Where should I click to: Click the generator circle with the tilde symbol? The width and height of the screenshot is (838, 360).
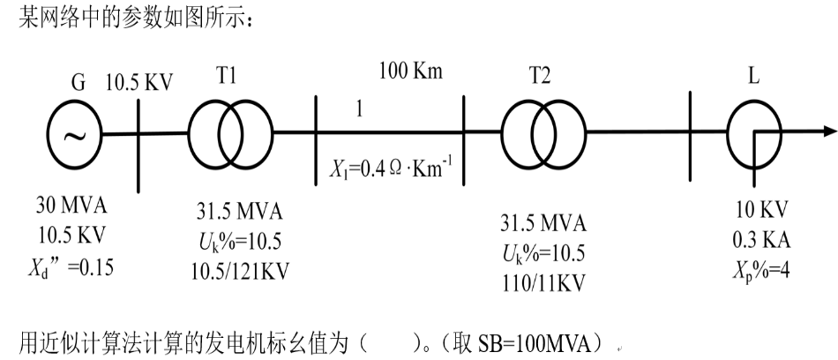click(73, 134)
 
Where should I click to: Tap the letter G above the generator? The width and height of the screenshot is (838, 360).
click(78, 86)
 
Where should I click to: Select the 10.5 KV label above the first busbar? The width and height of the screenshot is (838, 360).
click(139, 85)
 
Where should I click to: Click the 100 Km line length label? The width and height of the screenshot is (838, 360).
click(410, 71)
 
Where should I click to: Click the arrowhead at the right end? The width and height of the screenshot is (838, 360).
click(827, 133)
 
